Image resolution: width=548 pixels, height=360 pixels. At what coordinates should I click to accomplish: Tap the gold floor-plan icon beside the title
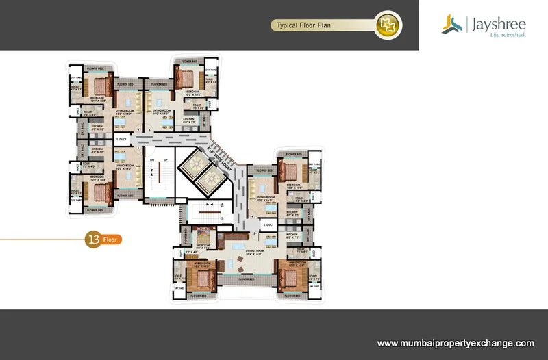click(x=387, y=25)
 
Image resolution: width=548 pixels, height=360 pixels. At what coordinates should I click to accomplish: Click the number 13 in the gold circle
click(x=92, y=240)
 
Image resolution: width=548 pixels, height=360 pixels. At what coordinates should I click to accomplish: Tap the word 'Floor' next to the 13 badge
click(x=110, y=240)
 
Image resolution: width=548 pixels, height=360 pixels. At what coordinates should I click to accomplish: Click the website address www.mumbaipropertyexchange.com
click(x=456, y=343)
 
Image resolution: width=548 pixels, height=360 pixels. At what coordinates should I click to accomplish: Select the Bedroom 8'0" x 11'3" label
click(x=203, y=246)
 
